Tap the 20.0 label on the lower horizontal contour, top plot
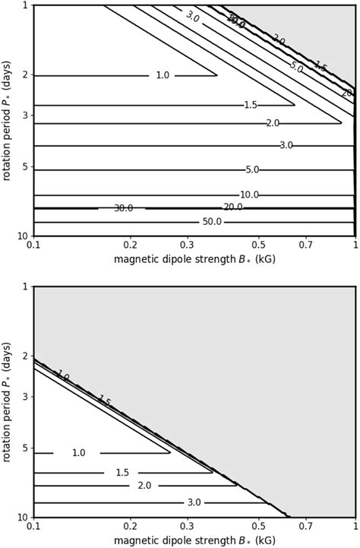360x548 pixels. [232, 207]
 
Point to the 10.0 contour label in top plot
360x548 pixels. [248, 195]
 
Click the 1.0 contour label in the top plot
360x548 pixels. [162, 75]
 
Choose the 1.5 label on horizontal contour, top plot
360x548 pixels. [251, 104]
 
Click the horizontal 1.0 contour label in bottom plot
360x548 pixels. [78, 453]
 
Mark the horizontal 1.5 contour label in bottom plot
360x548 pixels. [122, 472]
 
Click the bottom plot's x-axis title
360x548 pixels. [194, 540]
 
